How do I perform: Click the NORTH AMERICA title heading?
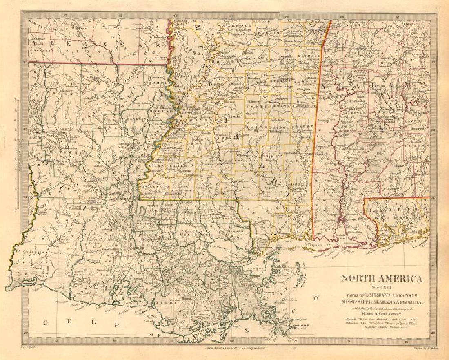click(x=382, y=279)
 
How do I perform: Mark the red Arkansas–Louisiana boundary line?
click(x=98, y=64)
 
